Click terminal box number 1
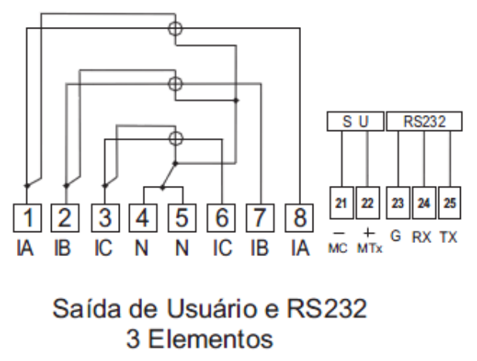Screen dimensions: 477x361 tap(27, 218)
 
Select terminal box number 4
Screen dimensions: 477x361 tap(143, 218)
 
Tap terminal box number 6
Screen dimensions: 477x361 tap(222, 218)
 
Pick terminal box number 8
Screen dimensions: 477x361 tap(299, 218)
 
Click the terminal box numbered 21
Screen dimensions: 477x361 tap(342, 203)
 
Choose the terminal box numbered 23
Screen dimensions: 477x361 tap(398, 203)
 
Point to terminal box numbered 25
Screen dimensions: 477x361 tap(450, 203)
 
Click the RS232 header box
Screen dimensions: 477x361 tap(425, 121)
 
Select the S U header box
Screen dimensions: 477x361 tap(355, 121)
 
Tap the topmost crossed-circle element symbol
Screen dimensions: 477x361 tap(175, 29)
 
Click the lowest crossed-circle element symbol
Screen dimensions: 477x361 tap(175, 139)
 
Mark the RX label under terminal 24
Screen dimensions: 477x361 tap(421, 237)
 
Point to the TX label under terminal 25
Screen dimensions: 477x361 tap(448, 237)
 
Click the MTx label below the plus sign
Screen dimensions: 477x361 tap(370, 248)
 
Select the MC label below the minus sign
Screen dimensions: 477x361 tap(337, 248)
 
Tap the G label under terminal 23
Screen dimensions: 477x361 tap(395, 236)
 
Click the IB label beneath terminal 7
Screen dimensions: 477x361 tap(259, 248)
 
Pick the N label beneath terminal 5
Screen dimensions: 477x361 tap(182, 248)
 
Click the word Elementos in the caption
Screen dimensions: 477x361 tap(211, 339)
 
